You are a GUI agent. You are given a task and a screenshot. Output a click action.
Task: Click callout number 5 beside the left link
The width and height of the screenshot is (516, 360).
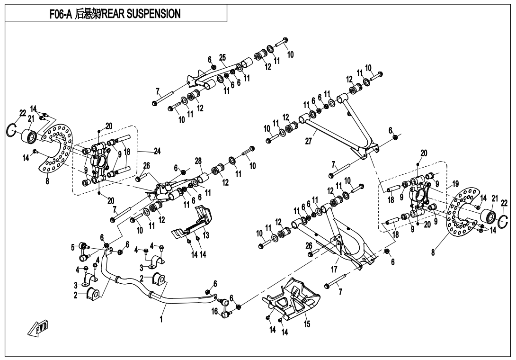coord(73,247)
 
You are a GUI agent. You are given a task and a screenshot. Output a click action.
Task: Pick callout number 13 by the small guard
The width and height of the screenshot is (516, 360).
coord(205,235)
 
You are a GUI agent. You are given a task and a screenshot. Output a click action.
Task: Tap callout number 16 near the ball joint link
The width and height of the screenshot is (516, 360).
coord(214,311)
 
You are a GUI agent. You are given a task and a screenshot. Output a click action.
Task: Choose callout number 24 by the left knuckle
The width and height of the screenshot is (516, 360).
coord(157,152)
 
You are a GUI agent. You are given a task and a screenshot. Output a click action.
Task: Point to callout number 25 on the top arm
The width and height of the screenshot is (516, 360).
coord(222,57)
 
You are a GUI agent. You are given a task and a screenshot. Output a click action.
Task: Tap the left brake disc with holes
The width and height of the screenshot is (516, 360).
coord(54,147)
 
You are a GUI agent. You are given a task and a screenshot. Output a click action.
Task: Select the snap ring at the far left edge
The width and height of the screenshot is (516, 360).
coord(13,129)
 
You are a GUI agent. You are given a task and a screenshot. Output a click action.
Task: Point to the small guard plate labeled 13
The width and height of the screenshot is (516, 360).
coord(194,223)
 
